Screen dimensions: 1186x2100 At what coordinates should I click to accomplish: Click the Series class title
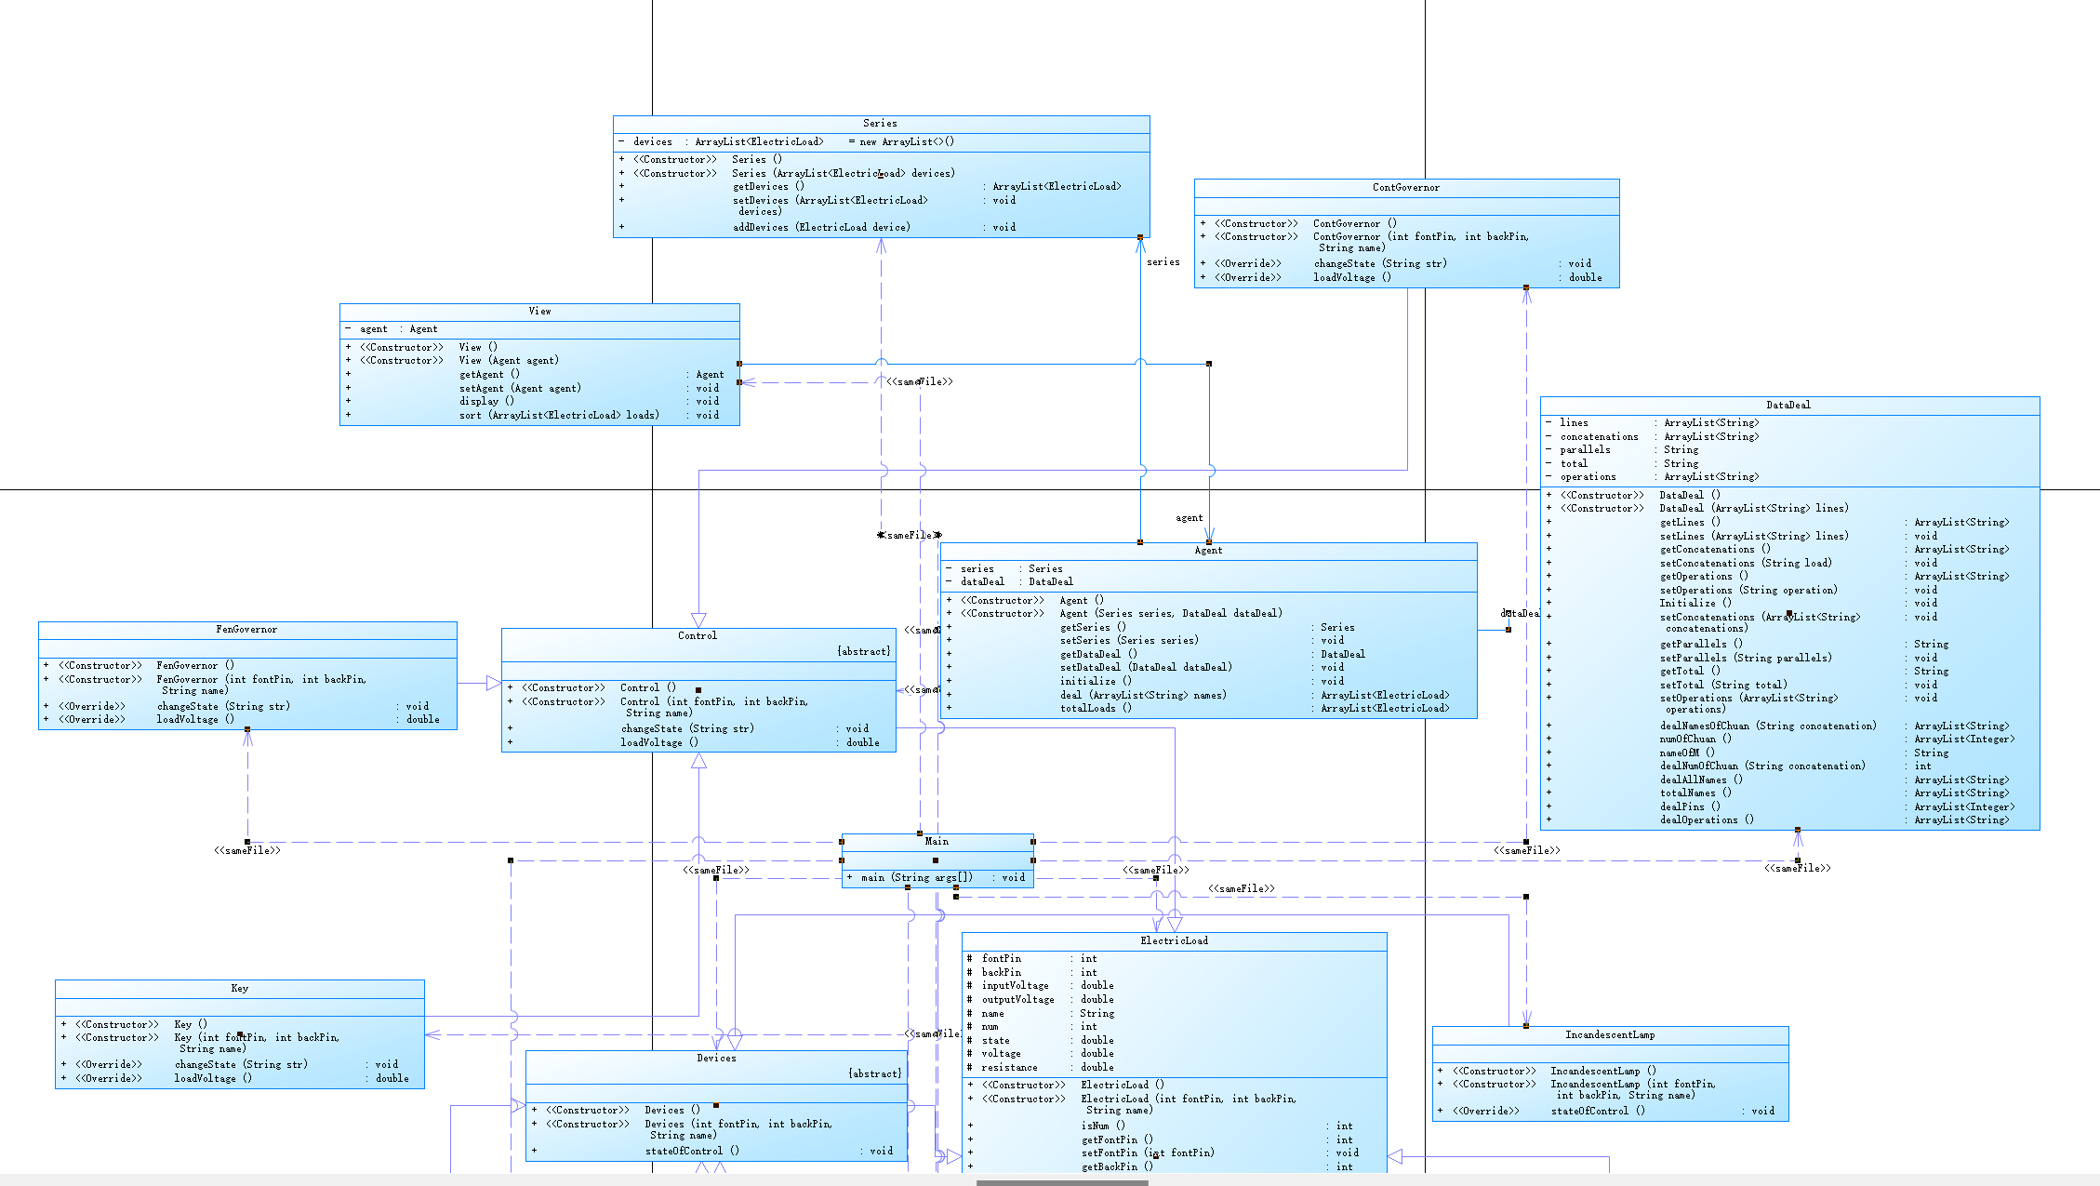(x=880, y=124)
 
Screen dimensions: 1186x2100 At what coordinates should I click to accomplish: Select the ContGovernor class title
(x=1405, y=188)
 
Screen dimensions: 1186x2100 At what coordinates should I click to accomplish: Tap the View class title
(x=539, y=312)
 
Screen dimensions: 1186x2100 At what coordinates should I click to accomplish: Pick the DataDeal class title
(x=1788, y=406)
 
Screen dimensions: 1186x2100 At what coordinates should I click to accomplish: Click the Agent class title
(x=1208, y=551)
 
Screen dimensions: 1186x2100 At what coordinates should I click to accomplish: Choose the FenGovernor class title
(x=246, y=630)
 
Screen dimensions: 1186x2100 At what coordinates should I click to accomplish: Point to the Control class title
(x=698, y=636)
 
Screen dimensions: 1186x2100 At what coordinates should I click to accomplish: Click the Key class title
(x=239, y=989)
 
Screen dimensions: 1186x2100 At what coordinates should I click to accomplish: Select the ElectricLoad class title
(x=1174, y=941)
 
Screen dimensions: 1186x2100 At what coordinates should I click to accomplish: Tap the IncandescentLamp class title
(x=1610, y=1035)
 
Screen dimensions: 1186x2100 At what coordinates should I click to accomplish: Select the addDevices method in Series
(x=821, y=228)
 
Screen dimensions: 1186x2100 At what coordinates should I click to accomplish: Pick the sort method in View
(x=558, y=416)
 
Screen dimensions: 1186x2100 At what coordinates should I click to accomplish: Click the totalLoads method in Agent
(x=1096, y=709)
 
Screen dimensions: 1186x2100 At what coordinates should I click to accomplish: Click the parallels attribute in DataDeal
(x=1585, y=450)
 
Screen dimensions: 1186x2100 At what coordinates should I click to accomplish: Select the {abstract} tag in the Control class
(x=863, y=652)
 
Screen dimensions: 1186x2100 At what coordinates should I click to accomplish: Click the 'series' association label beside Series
(x=1163, y=262)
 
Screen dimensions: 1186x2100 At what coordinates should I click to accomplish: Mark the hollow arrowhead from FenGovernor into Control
(x=494, y=684)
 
